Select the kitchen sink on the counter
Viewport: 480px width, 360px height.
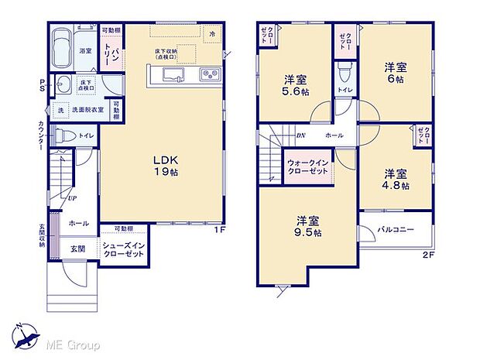pyautogui.click(x=171, y=74)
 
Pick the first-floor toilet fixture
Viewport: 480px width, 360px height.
pyautogui.click(x=67, y=135)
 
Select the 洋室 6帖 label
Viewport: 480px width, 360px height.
pyautogui.click(x=396, y=73)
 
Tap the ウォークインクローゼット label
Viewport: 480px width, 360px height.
pyautogui.click(x=308, y=169)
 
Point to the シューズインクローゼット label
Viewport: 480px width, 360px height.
pyautogui.click(x=123, y=250)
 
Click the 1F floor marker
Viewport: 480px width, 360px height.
pyautogui.click(x=220, y=230)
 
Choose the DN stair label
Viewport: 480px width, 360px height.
pyautogui.click(x=300, y=135)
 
